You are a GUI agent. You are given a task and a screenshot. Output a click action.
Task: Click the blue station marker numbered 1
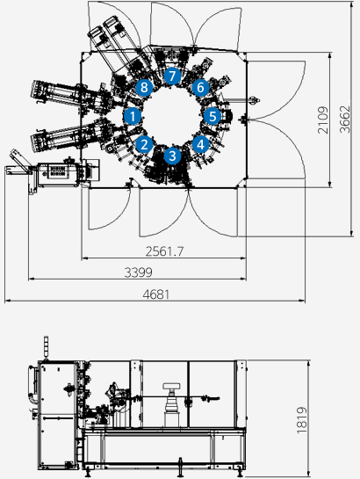133,116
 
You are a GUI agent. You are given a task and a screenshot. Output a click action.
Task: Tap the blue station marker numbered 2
144,144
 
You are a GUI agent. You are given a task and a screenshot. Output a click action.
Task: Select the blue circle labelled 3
172,156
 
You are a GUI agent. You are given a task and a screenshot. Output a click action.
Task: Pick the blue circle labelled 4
200,144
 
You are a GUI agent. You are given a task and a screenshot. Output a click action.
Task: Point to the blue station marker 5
212,116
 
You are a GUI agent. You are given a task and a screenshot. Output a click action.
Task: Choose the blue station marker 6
200,88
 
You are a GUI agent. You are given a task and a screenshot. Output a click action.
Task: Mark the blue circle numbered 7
172,76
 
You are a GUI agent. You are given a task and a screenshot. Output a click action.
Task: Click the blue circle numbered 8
144,88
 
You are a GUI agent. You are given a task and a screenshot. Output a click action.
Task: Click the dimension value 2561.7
164,251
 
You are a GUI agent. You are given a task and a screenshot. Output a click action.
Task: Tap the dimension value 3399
138,272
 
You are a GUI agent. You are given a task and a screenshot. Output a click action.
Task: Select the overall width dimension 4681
156,294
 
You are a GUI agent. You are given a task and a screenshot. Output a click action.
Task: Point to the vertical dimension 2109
323,120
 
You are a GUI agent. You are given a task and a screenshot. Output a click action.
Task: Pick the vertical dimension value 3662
345,120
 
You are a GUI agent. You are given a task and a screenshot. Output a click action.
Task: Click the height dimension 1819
302,420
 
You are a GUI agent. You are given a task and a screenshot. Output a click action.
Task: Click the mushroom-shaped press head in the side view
171,386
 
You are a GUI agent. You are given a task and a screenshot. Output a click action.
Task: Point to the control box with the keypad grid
58,174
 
